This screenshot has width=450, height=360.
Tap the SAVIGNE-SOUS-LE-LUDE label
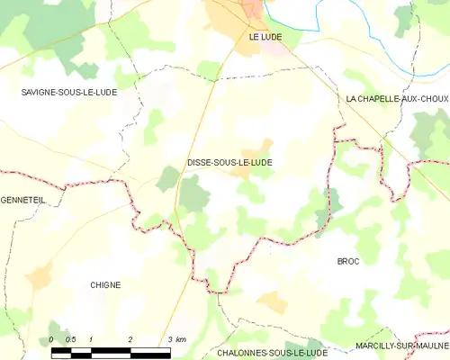pyautogui.click(x=67, y=93)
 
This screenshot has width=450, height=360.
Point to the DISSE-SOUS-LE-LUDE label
pyautogui.click(x=229, y=163)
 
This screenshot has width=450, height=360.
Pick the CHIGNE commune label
pyautogui.click(x=105, y=285)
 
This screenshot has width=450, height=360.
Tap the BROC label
pyautogui.click(x=347, y=260)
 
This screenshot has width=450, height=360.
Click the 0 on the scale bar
pyautogui.click(x=51, y=339)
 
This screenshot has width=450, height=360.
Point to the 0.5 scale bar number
pyautogui.click(x=71, y=339)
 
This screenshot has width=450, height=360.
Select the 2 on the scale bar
pyautogui.click(x=131, y=339)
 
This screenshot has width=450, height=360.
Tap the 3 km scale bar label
pyautogui.click(x=175, y=339)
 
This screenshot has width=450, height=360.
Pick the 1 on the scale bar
pyautogui.click(x=92, y=339)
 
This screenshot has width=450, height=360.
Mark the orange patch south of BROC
pyautogui.click(x=272, y=301)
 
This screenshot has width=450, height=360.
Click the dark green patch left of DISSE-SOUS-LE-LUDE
pyautogui.click(x=166, y=178)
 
